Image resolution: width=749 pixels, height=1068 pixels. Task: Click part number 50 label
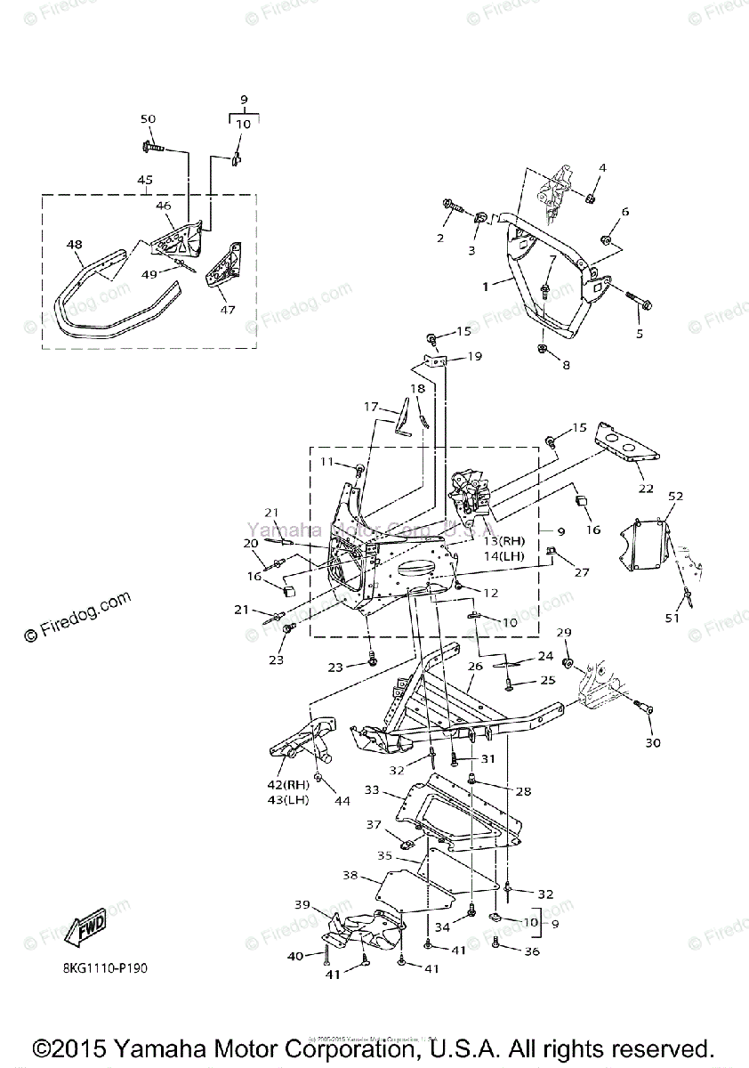point(148,119)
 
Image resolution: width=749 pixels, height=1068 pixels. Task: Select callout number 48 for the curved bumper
point(74,244)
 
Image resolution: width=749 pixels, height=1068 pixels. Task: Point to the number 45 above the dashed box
point(145,180)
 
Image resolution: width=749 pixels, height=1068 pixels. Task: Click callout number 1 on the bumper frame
point(486,287)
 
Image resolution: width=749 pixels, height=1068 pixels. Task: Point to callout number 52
point(675,496)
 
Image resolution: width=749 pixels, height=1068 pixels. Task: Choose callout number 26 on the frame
point(475,666)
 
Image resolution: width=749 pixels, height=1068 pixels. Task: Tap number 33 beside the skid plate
point(371,789)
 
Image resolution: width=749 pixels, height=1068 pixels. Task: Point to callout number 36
point(532,951)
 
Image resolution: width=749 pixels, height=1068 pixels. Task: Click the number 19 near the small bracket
point(474,357)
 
